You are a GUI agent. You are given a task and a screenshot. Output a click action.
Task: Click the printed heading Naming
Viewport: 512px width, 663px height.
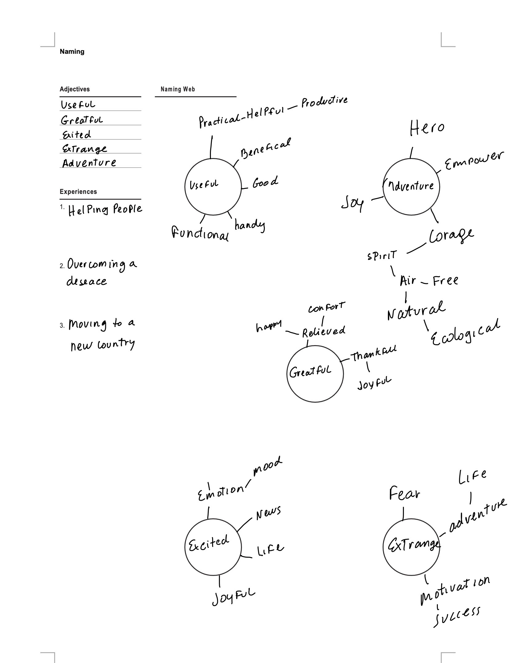pyautogui.click(x=72, y=51)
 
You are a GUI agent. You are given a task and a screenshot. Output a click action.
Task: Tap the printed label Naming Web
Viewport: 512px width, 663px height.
pyautogui.click(x=178, y=89)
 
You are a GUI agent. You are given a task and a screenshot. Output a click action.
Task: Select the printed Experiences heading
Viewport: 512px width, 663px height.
pyautogui.click(x=78, y=192)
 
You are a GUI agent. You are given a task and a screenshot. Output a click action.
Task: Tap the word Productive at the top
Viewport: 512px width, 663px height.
pyautogui.click(x=325, y=102)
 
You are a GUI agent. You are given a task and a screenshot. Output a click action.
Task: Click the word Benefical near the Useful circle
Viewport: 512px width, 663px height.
pyautogui.click(x=266, y=148)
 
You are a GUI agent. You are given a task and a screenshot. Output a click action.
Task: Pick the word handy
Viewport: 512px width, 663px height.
pyautogui.click(x=249, y=225)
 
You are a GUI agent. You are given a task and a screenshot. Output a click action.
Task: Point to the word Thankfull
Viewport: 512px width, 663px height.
pyautogui.click(x=374, y=355)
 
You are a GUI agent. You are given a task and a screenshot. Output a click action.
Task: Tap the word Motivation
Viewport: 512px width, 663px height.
pyautogui.click(x=454, y=590)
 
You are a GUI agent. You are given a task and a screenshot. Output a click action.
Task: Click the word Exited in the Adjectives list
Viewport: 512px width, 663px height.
pyautogui.click(x=77, y=135)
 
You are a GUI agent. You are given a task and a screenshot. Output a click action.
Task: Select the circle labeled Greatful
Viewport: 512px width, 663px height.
pyautogui.click(x=315, y=373)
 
